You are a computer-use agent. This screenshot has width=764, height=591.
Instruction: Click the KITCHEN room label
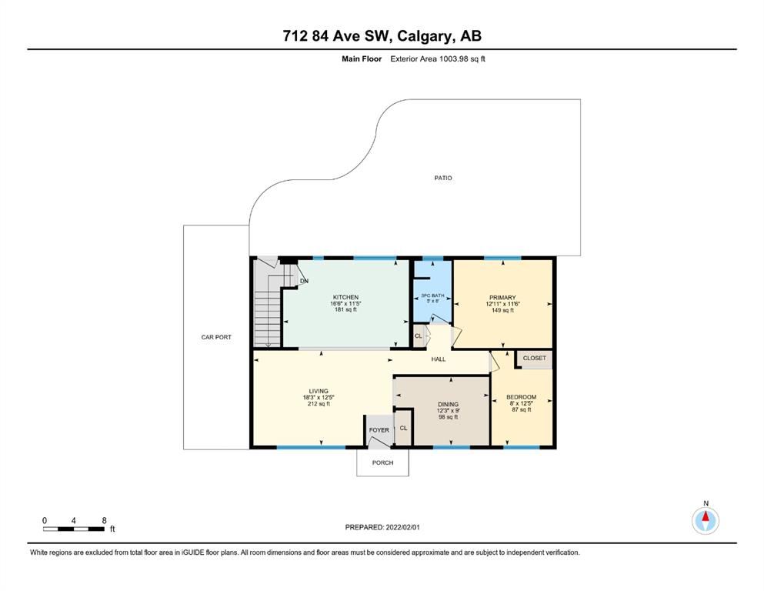point(345,297)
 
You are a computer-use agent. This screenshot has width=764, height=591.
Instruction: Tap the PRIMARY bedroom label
point(502,298)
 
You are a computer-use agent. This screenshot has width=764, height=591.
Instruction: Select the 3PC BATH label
point(432,295)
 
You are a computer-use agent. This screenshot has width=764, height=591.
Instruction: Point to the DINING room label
point(448,405)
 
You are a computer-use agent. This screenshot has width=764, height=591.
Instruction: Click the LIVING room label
point(319,391)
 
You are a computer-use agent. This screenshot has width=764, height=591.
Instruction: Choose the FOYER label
point(379,430)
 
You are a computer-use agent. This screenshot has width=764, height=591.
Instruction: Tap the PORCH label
point(382,462)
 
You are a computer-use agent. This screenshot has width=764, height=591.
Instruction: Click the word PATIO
point(443,179)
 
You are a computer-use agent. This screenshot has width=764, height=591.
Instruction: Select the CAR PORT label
point(216,337)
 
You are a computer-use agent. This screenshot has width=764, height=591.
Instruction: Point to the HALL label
point(439,359)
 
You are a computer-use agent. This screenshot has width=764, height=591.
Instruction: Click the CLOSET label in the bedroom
point(535,358)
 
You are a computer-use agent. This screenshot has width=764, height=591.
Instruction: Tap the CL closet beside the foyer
point(403,429)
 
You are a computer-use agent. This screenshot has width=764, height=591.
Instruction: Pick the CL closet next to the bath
point(418,336)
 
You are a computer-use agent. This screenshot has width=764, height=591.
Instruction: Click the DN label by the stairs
point(304,281)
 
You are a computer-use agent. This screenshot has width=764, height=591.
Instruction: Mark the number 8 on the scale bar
point(105,520)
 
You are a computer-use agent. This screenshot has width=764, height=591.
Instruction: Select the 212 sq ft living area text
point(319,404)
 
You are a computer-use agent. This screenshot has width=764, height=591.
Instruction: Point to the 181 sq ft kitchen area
point(345,310)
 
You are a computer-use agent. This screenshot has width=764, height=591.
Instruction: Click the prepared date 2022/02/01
point(402,527)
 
